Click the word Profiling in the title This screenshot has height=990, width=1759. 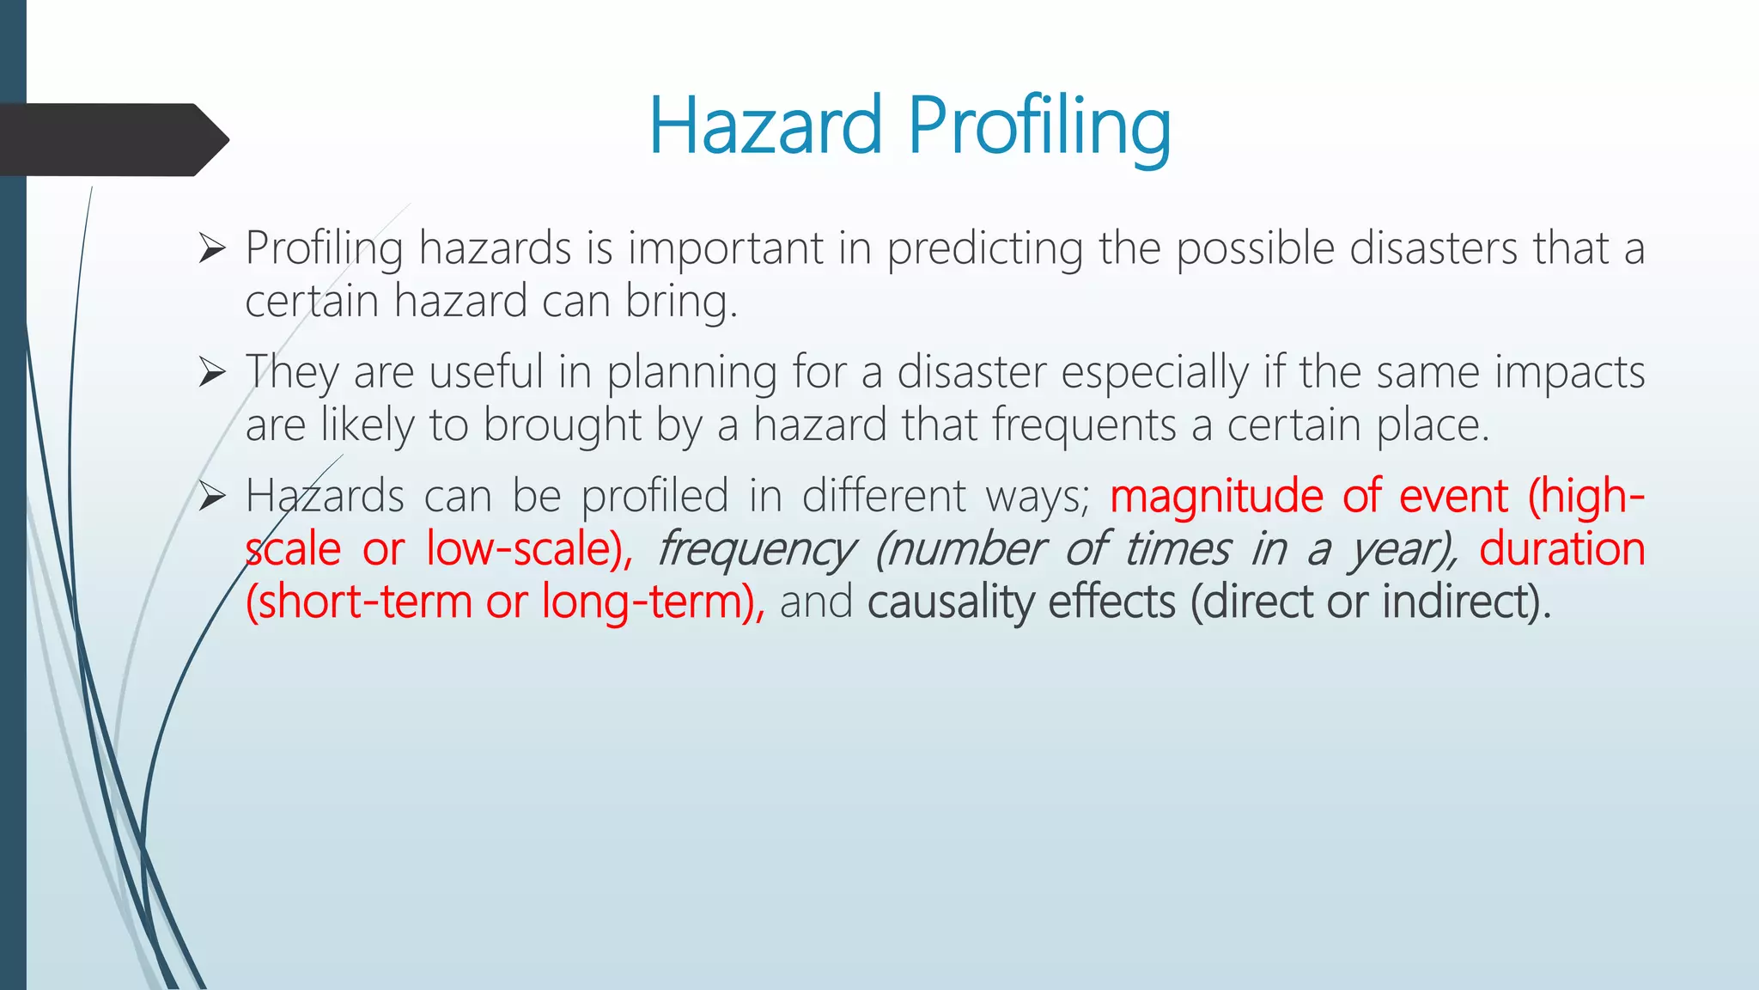(x=1039, y=127)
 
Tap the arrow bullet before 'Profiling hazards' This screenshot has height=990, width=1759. (x=211, y=248)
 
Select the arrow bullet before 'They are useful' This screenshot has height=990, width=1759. (x=211, y=372)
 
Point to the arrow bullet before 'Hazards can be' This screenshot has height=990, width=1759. (x=211, y=496)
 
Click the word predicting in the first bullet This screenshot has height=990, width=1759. (x=985, y=249)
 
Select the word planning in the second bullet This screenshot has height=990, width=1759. (x=692, y=373)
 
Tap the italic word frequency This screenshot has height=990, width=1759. (x=756, y=550)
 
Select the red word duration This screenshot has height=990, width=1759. (x=1561, y=549)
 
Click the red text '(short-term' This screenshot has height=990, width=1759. (x=358, y=602)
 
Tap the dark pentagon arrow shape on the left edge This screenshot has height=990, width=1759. (x=112, y=139)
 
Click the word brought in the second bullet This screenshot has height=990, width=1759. (x=563, y=425)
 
